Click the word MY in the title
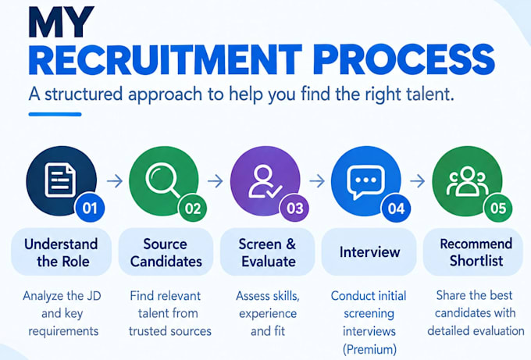pos(61,22)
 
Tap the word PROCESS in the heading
pos(404,59)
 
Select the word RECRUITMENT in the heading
pos(166,59)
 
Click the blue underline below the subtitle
pos(55,115)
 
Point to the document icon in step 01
pos(61,180)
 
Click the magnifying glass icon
pos(162,180)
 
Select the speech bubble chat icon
pos(365,182)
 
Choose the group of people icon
pos(467,181)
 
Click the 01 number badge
pos(90,208)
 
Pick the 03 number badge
pos(294,208)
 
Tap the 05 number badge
pos(498,208)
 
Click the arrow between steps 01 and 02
pos(115,181)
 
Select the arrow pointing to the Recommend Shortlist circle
pos(417,181)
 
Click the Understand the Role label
pos(61,252)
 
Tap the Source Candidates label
pos(166,252)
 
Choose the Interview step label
pos(369,252)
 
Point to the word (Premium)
pos(369,349)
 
